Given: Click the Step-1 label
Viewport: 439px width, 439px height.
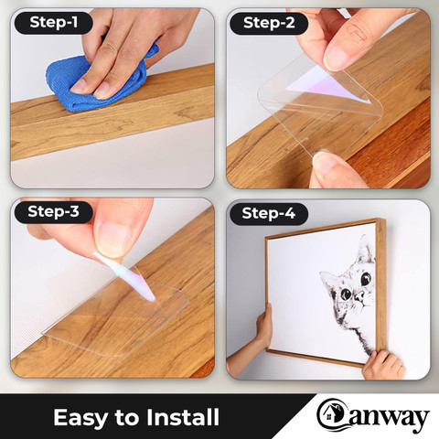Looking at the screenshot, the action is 53,23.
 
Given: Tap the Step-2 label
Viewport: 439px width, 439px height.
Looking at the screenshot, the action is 269,23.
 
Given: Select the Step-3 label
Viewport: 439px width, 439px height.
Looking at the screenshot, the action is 53,212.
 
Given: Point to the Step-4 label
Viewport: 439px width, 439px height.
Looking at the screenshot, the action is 269,213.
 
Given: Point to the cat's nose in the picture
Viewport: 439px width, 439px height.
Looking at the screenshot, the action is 360,295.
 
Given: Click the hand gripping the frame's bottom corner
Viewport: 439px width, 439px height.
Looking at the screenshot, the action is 384,365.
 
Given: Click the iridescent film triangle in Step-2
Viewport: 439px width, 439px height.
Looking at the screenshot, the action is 327,85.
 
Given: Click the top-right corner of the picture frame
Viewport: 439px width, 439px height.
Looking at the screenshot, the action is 385,219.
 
